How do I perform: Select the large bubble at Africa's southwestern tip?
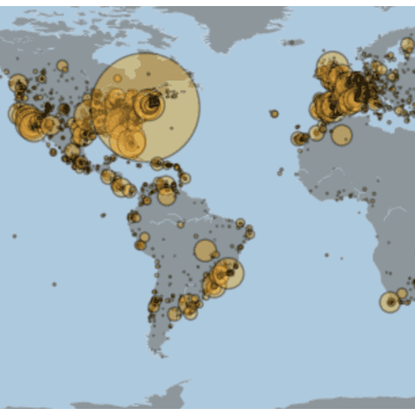390,302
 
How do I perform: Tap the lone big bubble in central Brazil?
205,251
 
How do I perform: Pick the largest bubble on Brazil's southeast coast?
228,273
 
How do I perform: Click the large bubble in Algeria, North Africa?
342,135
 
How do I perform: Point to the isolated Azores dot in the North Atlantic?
274,113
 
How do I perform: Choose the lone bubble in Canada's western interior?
62,66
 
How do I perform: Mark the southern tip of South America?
159,350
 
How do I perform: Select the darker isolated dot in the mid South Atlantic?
328,255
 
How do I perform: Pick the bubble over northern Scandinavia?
406,45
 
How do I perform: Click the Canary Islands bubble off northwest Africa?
298,138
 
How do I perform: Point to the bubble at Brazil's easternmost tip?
249,233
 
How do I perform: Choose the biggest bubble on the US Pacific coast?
32,126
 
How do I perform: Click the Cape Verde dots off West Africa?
280,171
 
